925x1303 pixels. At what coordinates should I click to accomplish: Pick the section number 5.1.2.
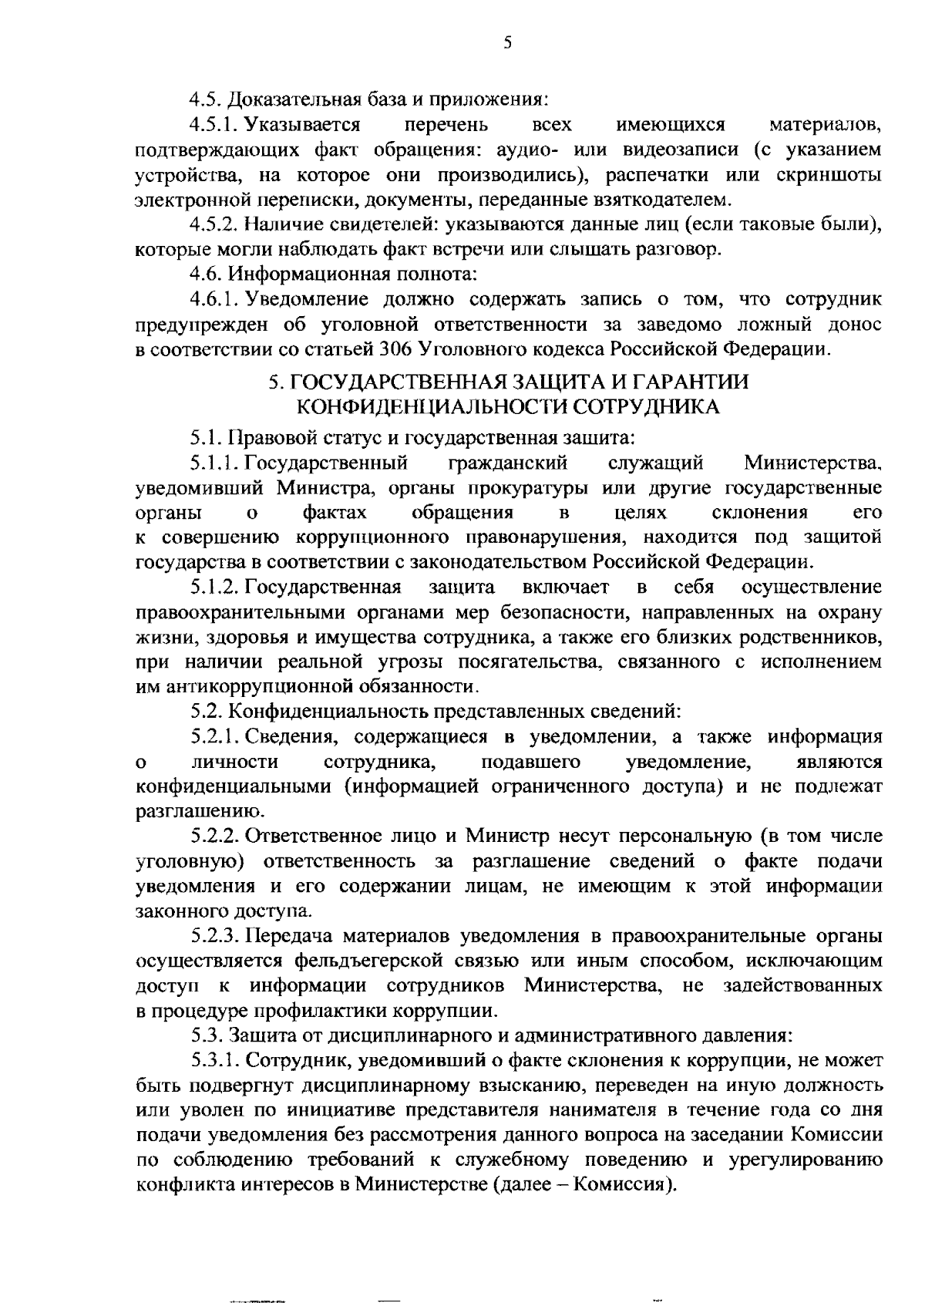click(x=217, y=588)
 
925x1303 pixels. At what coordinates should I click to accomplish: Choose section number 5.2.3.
click(x=217, y=937)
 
